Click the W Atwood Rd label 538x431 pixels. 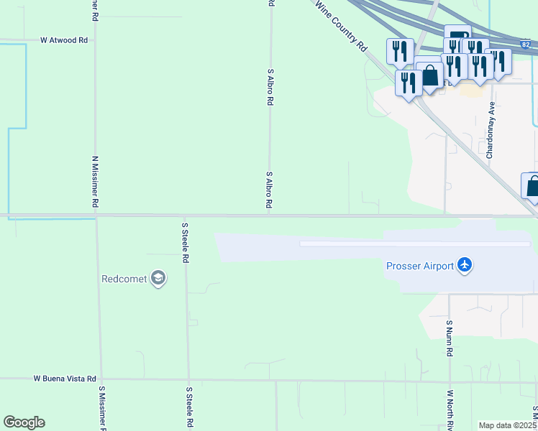pyautogui.click(x=64, y=40)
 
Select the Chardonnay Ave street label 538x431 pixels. pyautogui.click(x=490, y=129)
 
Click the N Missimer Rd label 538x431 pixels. pyautogui.click(x=95, y=182)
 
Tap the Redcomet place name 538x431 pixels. pyautogui.click(x=124, y=279)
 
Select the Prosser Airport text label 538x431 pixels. pyautogui.click(x=420, y=267)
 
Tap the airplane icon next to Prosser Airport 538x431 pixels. pyautogui.click(x=465, y=266)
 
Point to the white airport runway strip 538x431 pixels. pyautogui.click(x=414, y=244)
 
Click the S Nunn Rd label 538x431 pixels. pyautogui.click(x=448, y=338)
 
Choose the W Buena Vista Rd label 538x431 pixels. pyautogui.click(x=65, y=378)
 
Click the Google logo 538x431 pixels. pyautogui.click(x=24, y=422)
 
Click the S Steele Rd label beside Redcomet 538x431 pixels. pyautogui.click(x=185, y=242)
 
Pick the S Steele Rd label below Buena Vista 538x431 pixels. pyautogui.click(x=188, y=407)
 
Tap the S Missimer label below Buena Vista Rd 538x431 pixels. pyautogui.click(x=102, y=408)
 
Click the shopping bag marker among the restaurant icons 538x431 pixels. pyautogui.click(x=430, y=75)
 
